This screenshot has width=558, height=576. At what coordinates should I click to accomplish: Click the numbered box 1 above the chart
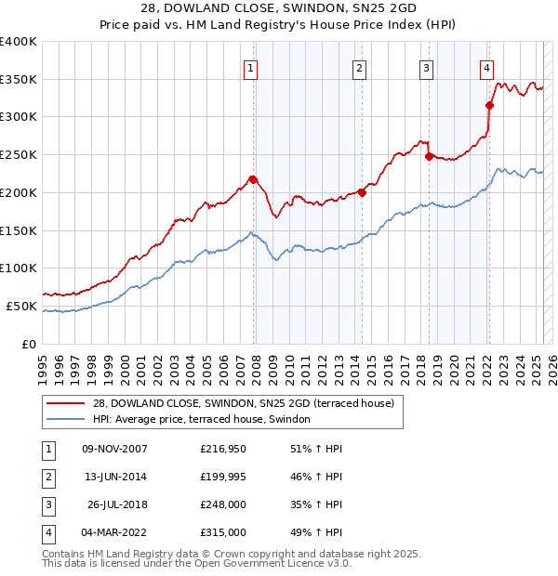[x=252, y=67]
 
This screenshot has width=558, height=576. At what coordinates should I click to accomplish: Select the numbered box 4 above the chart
[x=486, y=67]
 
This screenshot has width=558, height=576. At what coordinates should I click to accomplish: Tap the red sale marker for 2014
[x=362, y=192]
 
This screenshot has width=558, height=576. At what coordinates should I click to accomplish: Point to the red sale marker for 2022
[x=489, y=105]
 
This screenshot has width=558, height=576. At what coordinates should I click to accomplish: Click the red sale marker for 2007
[x=253, y=179]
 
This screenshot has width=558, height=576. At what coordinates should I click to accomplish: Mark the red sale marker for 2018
[x=429, y=156]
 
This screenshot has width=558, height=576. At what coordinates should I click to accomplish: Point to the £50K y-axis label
[x=21, y=306]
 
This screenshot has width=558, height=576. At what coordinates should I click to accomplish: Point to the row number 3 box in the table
[x=47, y=504]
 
